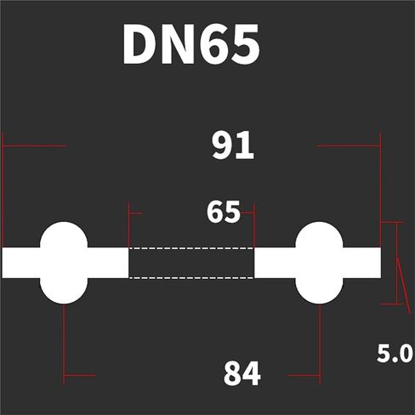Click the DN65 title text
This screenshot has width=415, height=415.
(191, 44)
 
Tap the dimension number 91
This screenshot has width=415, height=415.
(233, 145)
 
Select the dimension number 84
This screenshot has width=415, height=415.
(242, 373)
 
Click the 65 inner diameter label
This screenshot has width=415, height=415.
(224, 212)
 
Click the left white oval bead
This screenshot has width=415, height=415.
(64, 263)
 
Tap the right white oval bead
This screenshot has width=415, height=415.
(319, 263)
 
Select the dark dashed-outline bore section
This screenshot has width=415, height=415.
(191, 263)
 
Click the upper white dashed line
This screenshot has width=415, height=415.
(191, 248)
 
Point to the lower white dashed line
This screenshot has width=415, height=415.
(191, 278)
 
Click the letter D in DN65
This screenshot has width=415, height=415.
(139, 44)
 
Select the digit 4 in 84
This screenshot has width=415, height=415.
(252, 373)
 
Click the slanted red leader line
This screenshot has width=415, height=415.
(404, 286)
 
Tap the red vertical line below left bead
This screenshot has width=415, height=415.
(64, 344)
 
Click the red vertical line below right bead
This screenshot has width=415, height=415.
(320, 344)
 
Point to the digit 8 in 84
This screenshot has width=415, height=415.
(232, 373)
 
